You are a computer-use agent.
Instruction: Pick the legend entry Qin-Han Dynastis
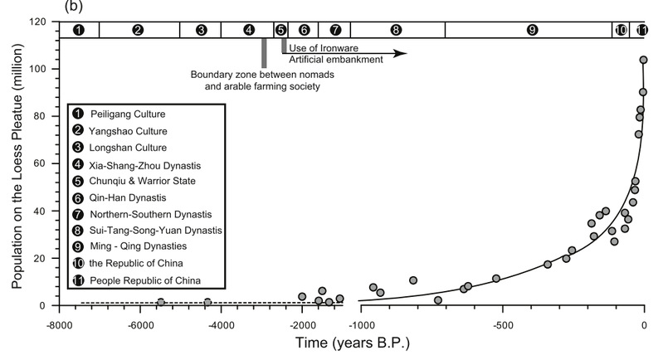(x=134, y=197)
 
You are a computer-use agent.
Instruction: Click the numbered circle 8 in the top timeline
(x=396, y=30)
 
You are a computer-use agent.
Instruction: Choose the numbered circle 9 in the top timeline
(x=532, y=30)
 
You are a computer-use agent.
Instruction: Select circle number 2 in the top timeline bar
(x=139, y=30)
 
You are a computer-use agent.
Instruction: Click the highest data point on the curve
(x=643, y=60)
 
